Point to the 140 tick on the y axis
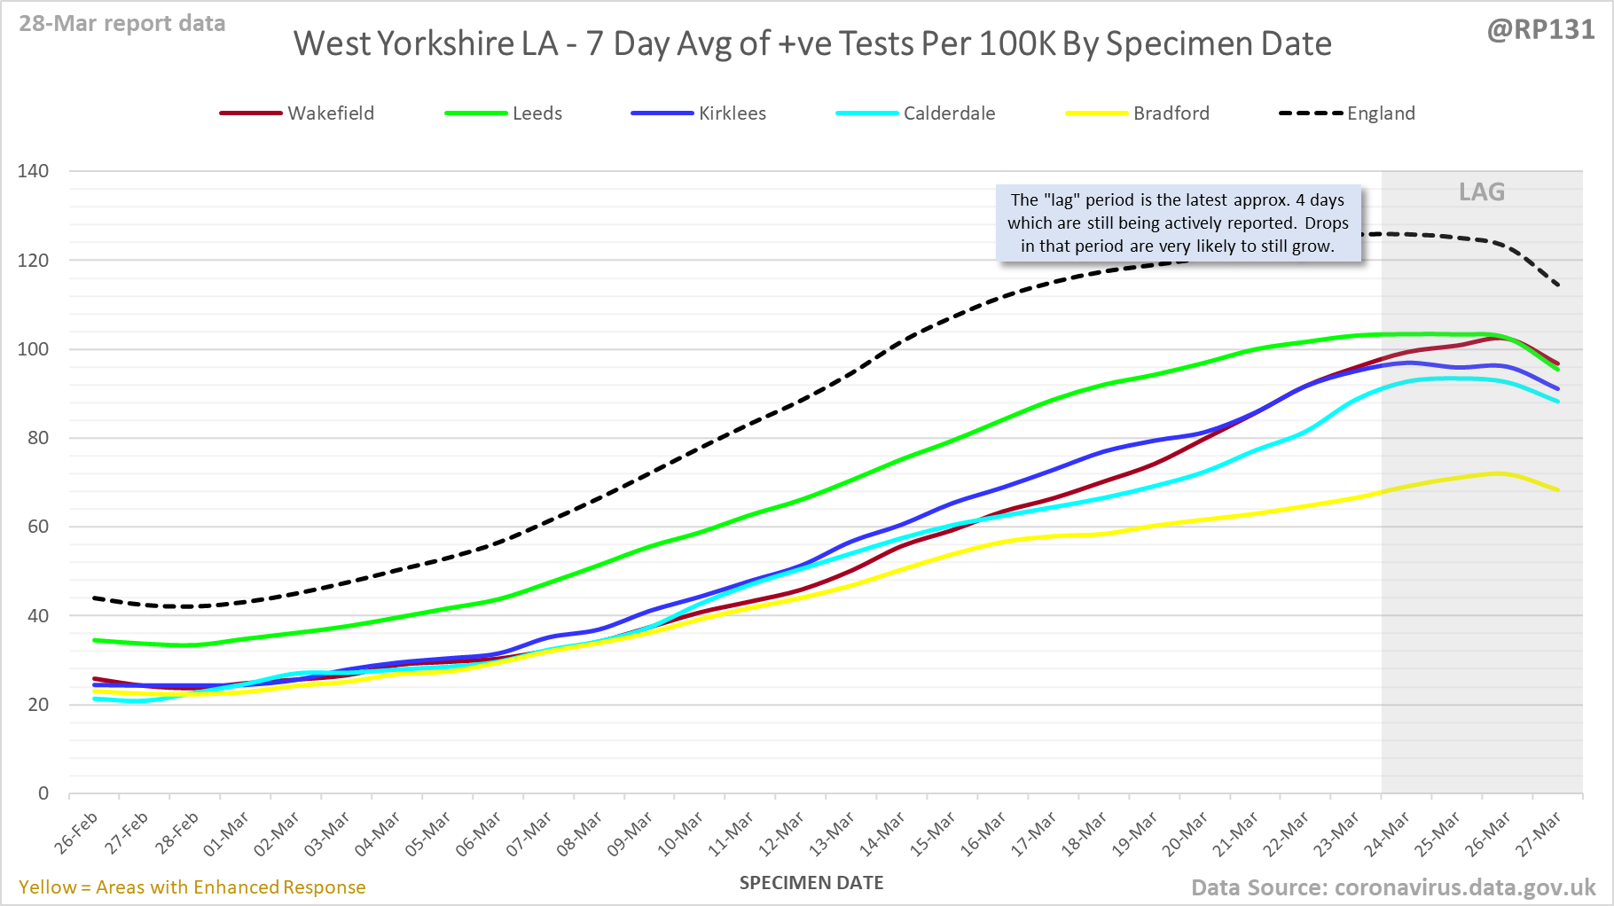coord(33,171)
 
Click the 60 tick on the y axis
coord(38,527)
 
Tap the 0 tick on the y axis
coord(43,793)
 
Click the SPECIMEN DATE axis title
coord(811,883)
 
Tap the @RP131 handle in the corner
coord(1540,30)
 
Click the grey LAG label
coord(1482,191)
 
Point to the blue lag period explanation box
coord(1178,223)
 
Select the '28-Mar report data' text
coord(122,24)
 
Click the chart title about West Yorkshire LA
coord(812,43)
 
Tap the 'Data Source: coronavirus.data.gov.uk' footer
coord(1392,887)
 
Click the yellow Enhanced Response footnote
coord(192,887)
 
